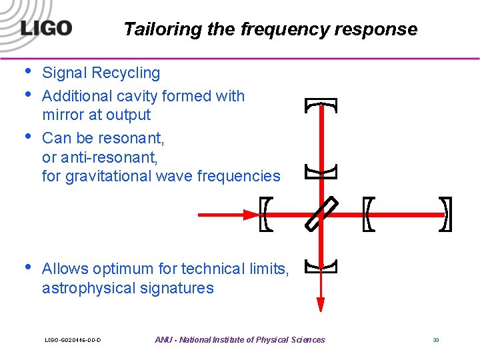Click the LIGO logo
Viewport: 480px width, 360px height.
(x=46, y=28)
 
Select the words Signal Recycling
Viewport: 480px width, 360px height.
(x=101, y=73)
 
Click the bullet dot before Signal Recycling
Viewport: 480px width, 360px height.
(x=27, y=71)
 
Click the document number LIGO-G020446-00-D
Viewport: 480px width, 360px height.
(x=73, y=340)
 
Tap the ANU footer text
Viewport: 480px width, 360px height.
(x=240, y=340)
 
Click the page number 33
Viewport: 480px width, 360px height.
(x=435, y=340)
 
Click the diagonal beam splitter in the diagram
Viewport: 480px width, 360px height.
(x=321, y=214)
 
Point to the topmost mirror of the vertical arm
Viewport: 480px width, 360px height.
(x=321, y=105)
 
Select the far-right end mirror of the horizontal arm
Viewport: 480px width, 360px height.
(x=447, y=214)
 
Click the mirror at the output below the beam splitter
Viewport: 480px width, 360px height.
(x=321, y=267)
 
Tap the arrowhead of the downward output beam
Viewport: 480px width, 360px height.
(x=321, y=304)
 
